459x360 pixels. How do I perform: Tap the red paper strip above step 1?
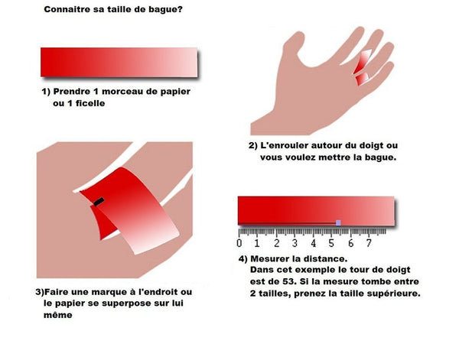119,62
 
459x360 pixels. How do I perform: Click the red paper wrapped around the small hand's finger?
363,66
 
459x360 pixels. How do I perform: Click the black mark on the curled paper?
99,202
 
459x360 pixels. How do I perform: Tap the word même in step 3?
57,315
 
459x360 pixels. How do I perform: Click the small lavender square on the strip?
338,223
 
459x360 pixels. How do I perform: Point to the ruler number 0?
239,243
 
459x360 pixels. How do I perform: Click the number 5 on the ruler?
331,243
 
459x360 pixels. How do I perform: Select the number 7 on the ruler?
369,243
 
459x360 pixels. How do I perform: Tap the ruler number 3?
295,243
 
